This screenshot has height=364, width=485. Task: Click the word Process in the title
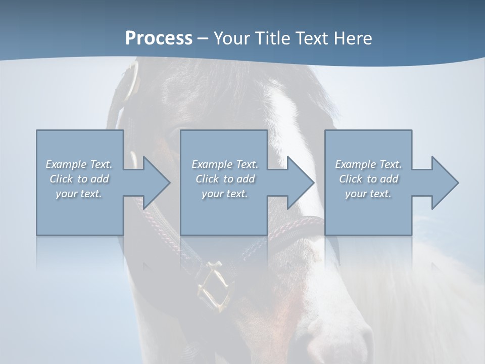(159, 38)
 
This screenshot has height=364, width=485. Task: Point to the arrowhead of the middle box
(300, 183)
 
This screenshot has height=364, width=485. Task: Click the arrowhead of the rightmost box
(444, 183)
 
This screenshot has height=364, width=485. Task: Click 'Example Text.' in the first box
(79, 164)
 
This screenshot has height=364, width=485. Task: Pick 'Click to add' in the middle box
(225, 179)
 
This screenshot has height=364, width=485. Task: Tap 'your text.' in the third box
(368, 194)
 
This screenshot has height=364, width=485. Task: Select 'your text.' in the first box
(79, 194)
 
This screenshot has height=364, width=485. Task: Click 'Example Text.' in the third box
(368, 164)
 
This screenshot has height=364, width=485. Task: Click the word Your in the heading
(232, 38)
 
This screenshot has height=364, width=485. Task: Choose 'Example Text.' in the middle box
(225, 164)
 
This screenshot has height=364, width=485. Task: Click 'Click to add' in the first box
(79, 179)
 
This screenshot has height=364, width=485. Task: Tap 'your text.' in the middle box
(225, 194)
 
